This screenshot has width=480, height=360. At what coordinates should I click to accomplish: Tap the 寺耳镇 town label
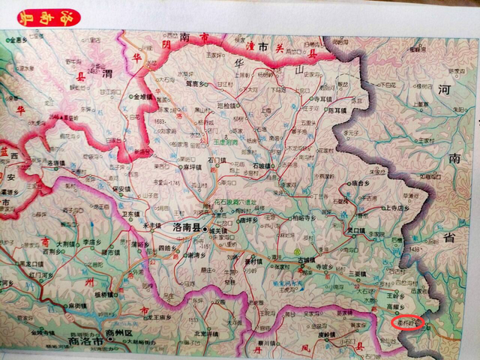click(322, 98)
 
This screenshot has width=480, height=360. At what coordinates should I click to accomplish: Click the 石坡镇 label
click(263, 164)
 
